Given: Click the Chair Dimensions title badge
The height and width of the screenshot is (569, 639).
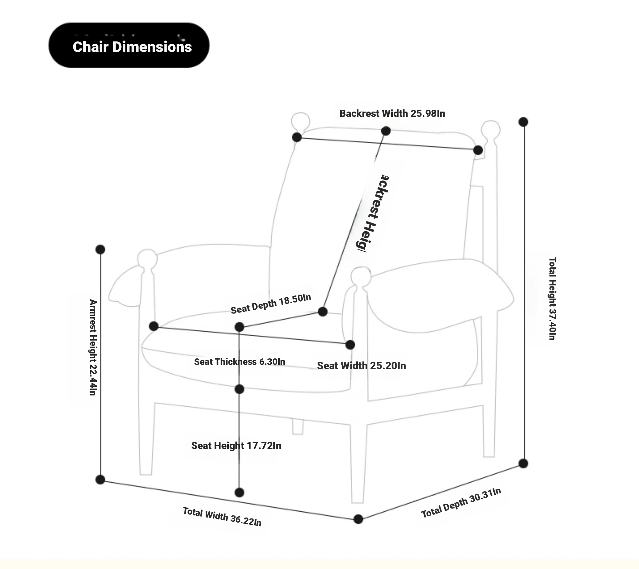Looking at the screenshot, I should [x=129, y=45].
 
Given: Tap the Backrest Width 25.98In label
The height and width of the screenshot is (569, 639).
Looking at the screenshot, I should [x=392, y=113].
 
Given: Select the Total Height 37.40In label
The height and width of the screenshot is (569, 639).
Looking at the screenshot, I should [x=552, y=298].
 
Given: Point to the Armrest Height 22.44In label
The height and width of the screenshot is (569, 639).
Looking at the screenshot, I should [x=93, y=347].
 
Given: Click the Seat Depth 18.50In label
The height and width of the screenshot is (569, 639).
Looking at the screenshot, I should [x=271, y=304].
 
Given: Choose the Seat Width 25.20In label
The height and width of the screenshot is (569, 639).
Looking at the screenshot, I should [x=361, y=366].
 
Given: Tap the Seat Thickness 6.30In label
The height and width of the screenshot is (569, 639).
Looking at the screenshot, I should [x=240, y=362].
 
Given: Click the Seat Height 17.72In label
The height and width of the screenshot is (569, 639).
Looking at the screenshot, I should [x=236, y=446].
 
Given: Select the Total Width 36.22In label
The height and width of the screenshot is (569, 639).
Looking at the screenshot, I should [x=222, y=516].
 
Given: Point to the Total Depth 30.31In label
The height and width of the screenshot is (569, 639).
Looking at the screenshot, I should [x=461, y=503].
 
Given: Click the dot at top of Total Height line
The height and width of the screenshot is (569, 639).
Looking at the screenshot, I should [x=523, y=122].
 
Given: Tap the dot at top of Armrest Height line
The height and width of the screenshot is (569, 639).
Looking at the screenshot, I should [x=100, y=250].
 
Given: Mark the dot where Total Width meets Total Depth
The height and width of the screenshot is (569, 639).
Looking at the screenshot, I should [x=358, y=519].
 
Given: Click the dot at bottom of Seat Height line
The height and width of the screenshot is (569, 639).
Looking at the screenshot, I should [x=239, y=493].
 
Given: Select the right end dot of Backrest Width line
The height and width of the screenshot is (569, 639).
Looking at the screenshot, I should [x=478, y=151].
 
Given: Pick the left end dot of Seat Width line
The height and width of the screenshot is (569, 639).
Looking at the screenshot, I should [x=154, y=326].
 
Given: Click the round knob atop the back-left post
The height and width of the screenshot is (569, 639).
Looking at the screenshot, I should [x=300, y=121].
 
